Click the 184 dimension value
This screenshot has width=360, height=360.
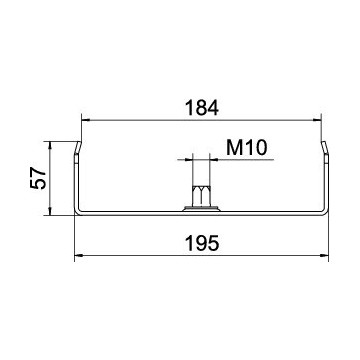tap(202, 108)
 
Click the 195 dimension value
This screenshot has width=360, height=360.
tap(202, 243)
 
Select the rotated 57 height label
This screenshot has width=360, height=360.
tap(38, 178)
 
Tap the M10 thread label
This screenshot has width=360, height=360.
tap(247, 148)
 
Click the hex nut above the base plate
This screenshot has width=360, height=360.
tap(201, 196)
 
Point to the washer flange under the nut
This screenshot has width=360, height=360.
tap(201, 209)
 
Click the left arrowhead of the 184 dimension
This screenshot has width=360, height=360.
tap(86, 120)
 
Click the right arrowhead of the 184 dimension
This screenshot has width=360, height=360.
tap(317, 120)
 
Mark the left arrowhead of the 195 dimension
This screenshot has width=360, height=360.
tap(79, 256)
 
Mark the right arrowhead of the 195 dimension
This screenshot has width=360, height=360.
tap(324, 256)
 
